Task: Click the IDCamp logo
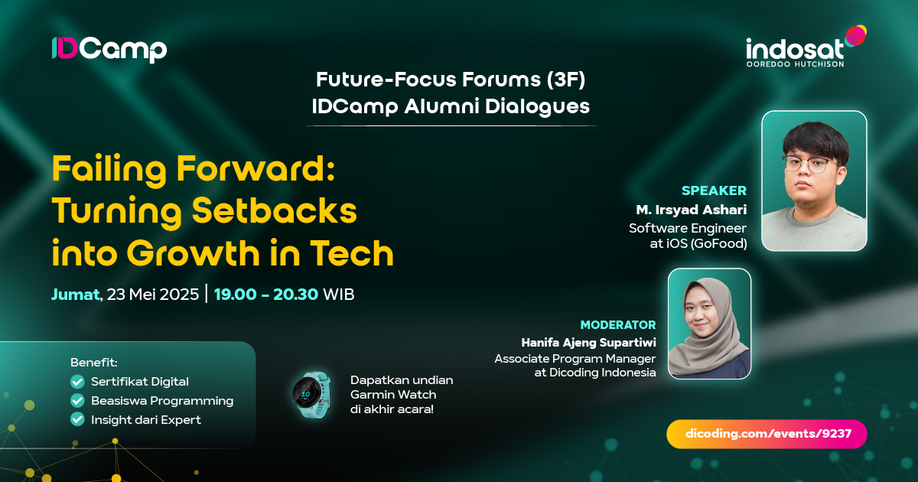tap(109, 50)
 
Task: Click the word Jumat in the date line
tap(75, 294)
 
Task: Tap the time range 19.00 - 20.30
tap(265, 294)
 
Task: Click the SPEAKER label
tap(714, 191)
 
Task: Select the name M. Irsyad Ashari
tap(691, 210)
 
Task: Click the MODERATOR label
tap(617, 324)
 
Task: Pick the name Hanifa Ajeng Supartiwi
tap(588, 342)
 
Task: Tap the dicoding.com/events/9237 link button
tap(767, 434)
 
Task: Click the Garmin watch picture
tap(312, 396)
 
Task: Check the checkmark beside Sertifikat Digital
tap(77, 381)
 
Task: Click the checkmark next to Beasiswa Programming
tap(77, 400)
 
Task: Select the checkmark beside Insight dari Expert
tap(77, 419)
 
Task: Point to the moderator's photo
tap(709, 323)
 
